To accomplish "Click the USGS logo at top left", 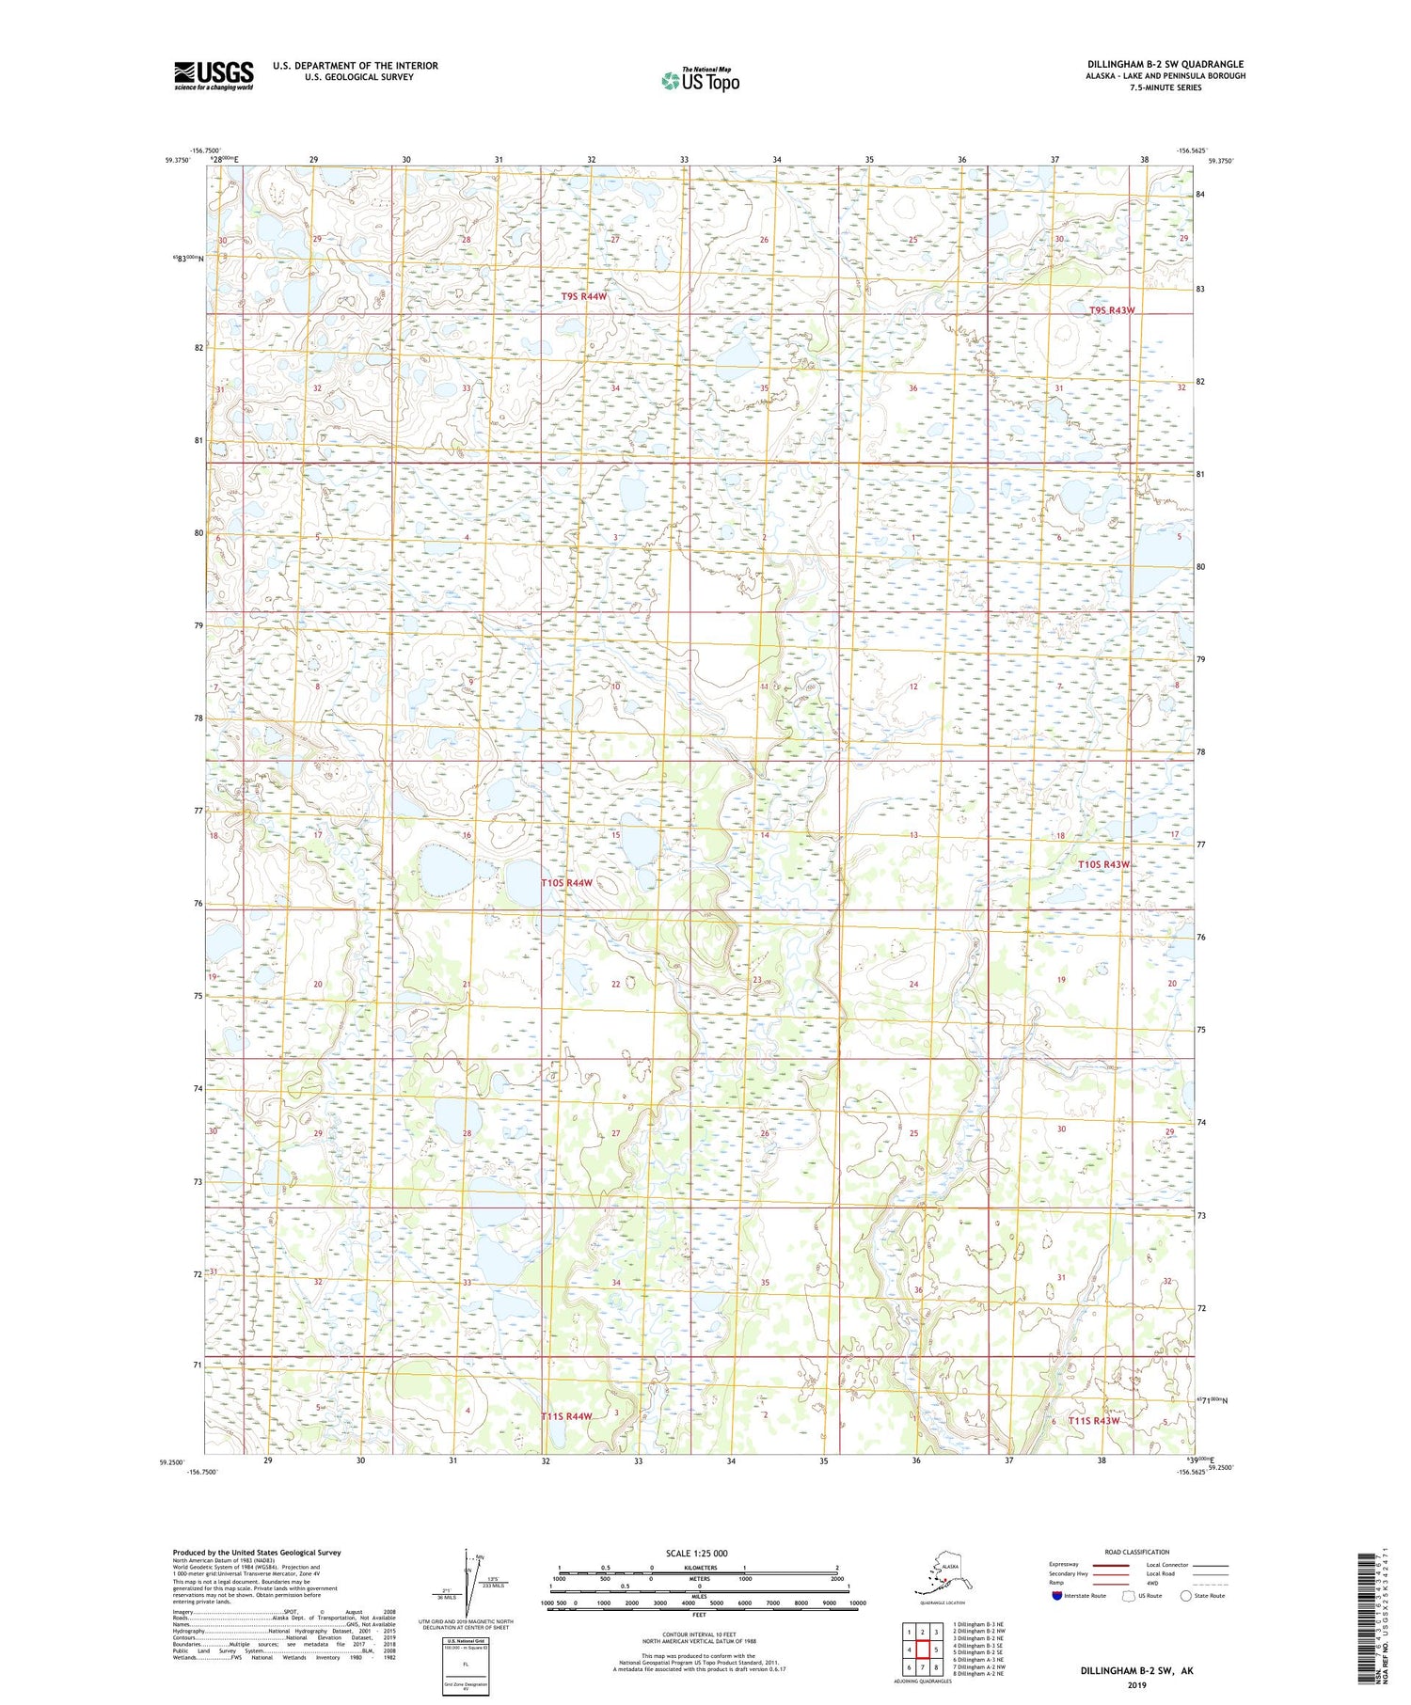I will [x=214, y=75].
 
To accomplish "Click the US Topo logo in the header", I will [x=701, y=80].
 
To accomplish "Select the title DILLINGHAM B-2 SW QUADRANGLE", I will [x=1165, y=65].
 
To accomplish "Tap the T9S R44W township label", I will [x=583, y=296].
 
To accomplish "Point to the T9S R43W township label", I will [x=1112, y=310].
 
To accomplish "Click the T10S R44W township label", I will [x=566, y=883].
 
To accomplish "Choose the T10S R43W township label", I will [x=1103, y=864].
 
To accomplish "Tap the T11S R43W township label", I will [x=1094, y=1421].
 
